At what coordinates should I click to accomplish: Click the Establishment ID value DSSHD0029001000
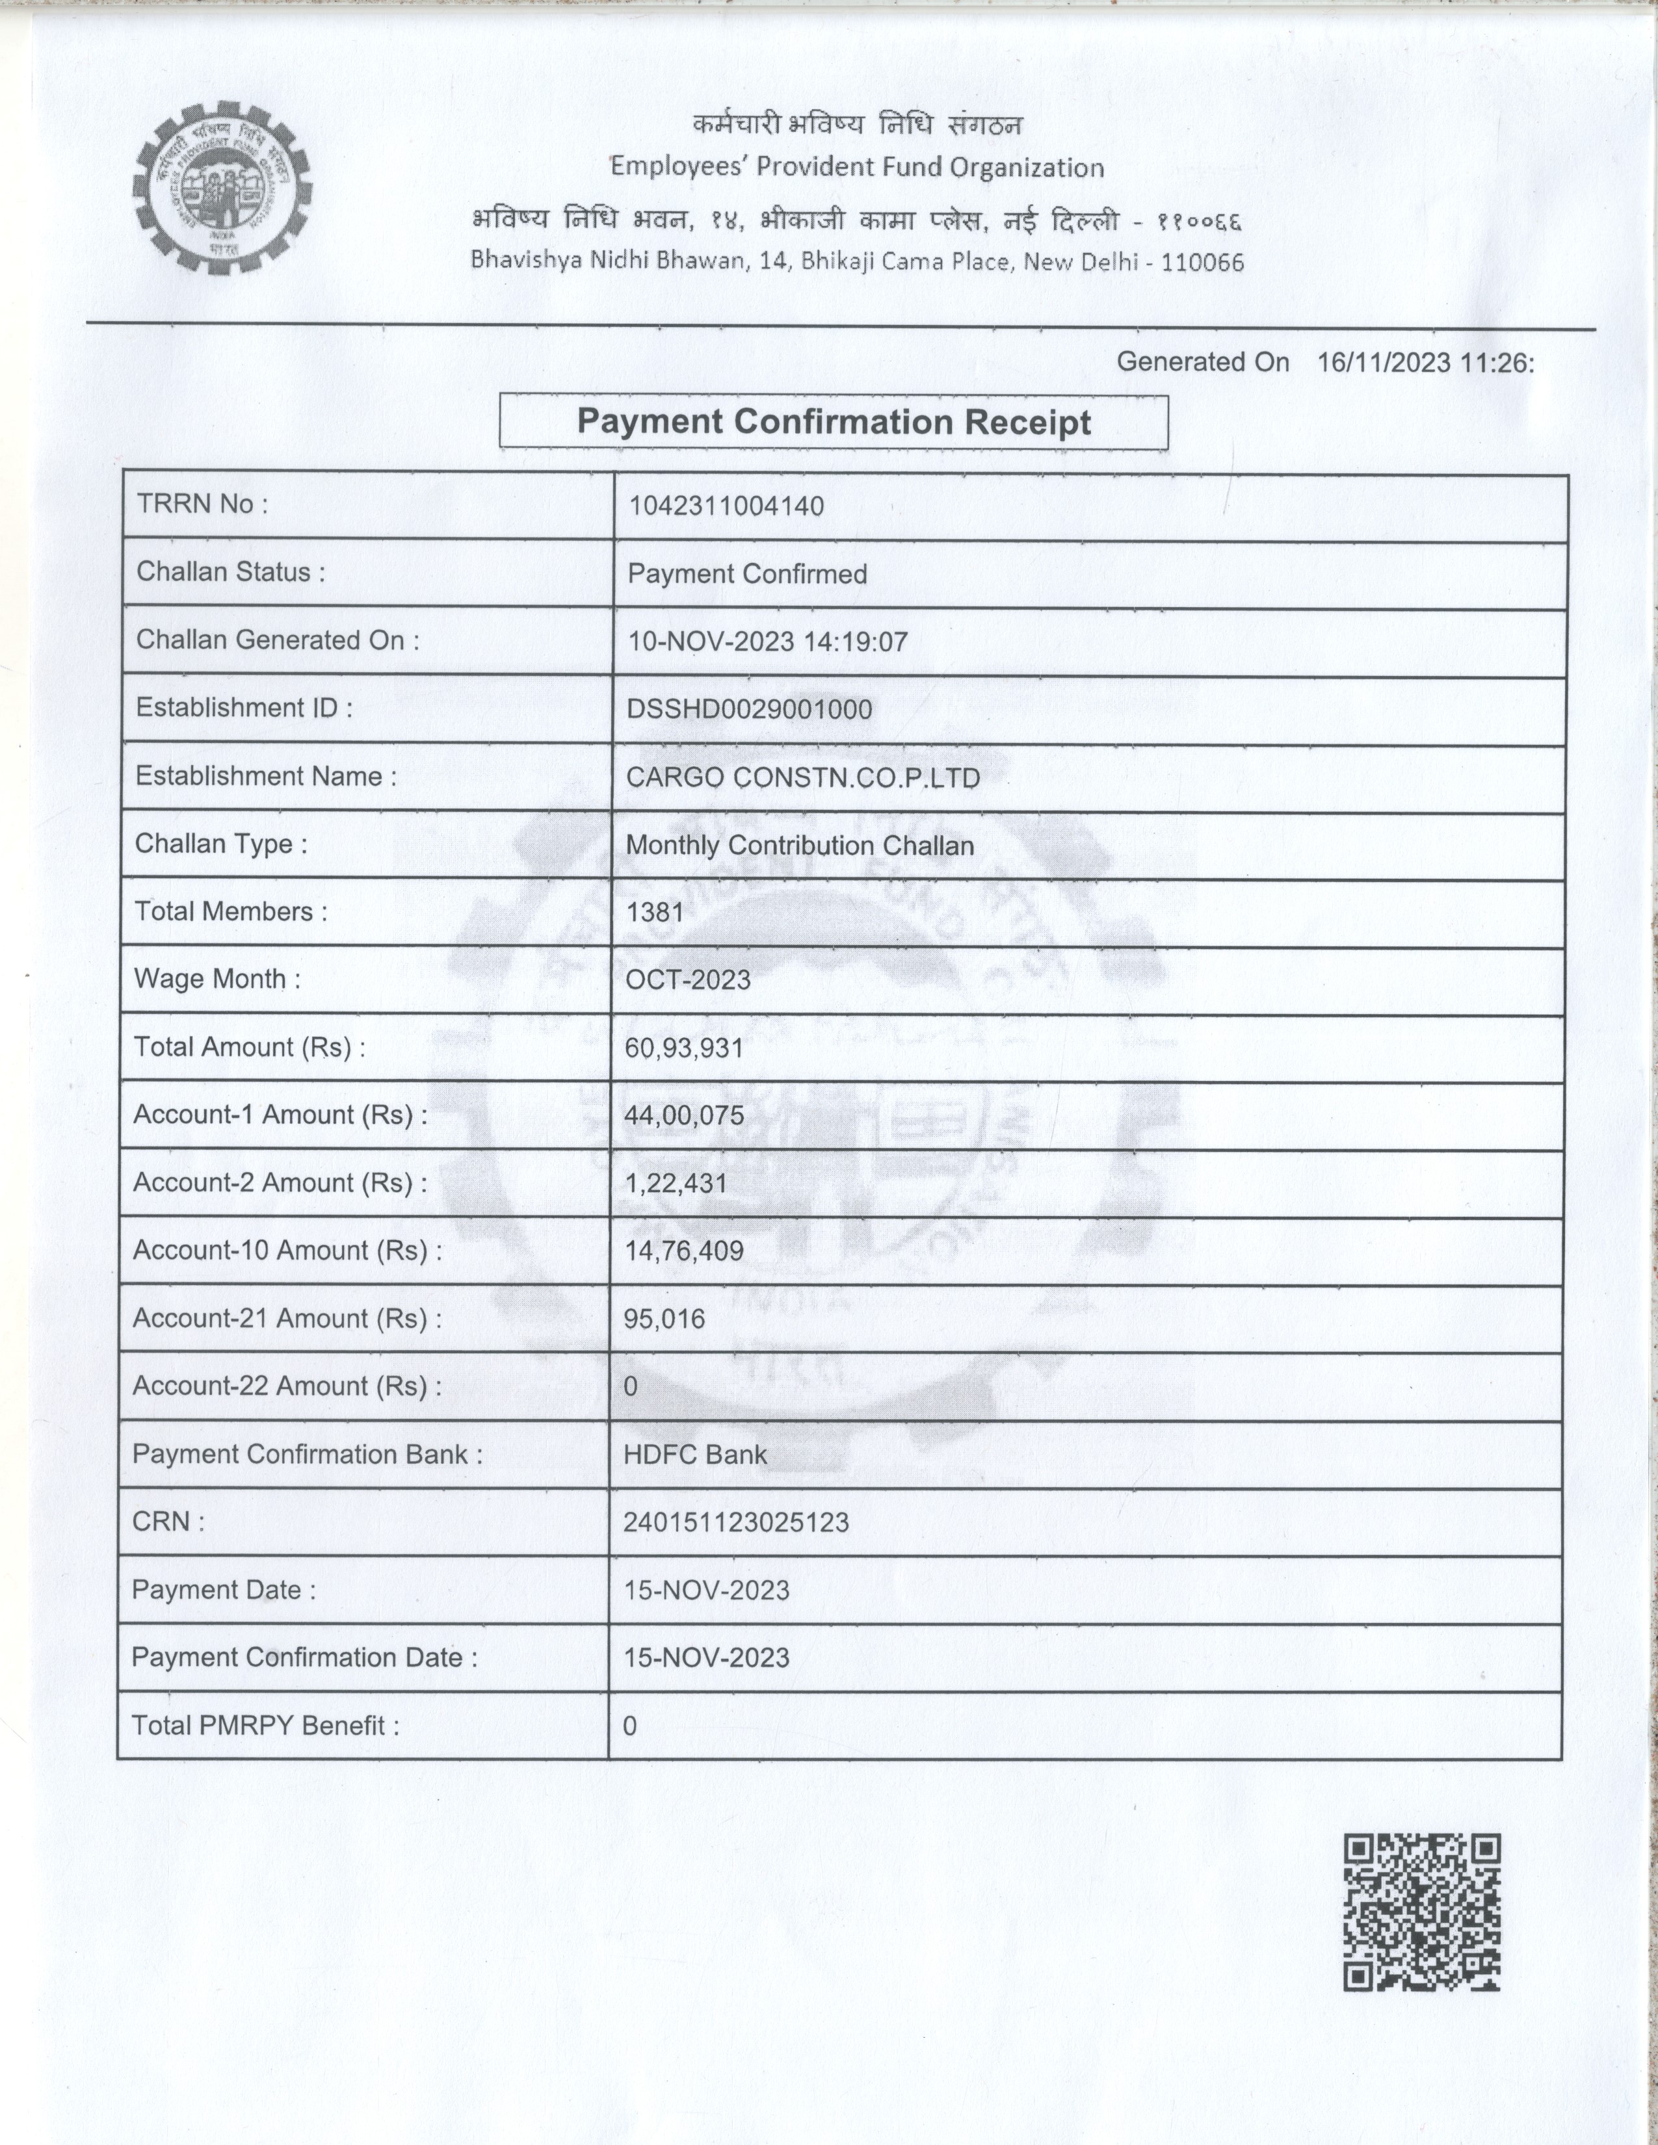coord(748,709)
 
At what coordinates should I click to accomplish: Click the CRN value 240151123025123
coord(735,1522)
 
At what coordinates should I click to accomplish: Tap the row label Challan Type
coord(221,844)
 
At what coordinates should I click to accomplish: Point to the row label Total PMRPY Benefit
coord(265,1726)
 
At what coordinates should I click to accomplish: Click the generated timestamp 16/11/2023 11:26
coord(1424,363)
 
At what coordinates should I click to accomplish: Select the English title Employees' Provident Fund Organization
coord(856,168)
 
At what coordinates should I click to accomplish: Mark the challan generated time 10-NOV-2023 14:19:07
coord(767,642)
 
